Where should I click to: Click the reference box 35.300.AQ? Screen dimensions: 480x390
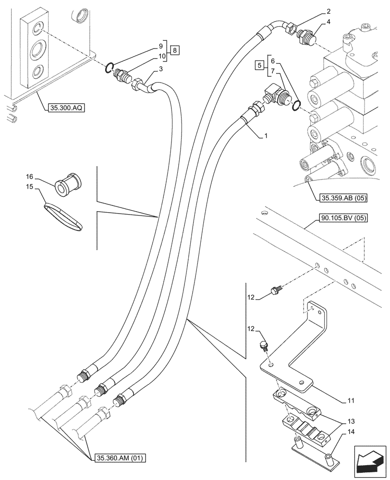coord(66,108)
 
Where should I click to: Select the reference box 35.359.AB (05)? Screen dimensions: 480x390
coord(342,197)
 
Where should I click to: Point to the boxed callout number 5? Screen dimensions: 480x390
coord(259,65)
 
